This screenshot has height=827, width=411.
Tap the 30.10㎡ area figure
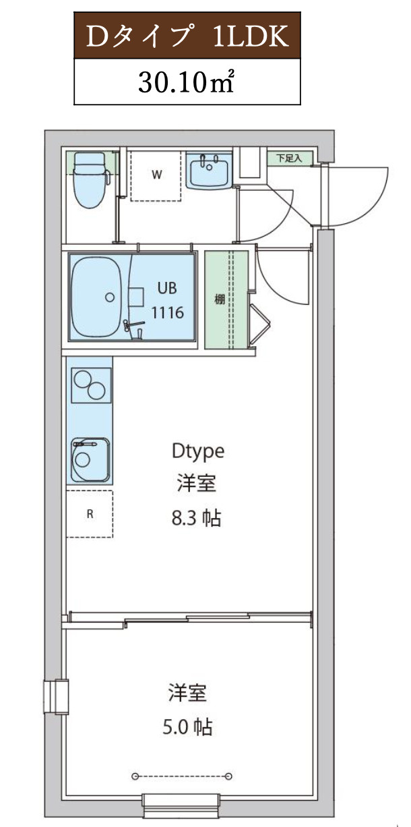pyautogui.click(x=187, y=81)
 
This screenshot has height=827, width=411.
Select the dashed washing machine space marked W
pyautogui.click(x=156, y=175)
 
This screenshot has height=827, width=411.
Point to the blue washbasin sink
pyautogui.click(x=209, y=173)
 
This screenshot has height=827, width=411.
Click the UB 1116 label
pyautogui.click(x=167, y=300)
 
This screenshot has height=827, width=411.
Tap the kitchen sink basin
pyautogui.click(x=90, y=458)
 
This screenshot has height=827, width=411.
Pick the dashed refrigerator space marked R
pyautogui.click(x=90, y=513)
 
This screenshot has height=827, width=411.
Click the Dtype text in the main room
pyautogui.click(x=197, y=450)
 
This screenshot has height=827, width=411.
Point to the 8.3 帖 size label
pyautogui.click(x=197, y=519)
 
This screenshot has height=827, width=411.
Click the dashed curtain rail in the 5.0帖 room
pyautogui.click(x=183, y=775)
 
